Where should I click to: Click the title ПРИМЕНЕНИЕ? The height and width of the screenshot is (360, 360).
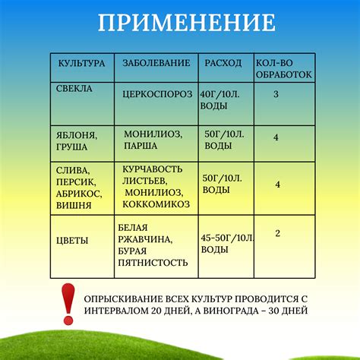(x=186, y=23)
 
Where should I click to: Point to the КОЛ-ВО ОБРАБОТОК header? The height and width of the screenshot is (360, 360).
(x=277, y=68)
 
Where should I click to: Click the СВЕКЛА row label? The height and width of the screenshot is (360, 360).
(x=74, y=88)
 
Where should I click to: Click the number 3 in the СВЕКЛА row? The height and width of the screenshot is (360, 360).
(x=276, y=94)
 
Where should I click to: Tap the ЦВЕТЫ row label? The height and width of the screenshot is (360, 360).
(x=72, y=240)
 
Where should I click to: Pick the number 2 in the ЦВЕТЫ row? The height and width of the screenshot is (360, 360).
(x=278, y=233)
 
